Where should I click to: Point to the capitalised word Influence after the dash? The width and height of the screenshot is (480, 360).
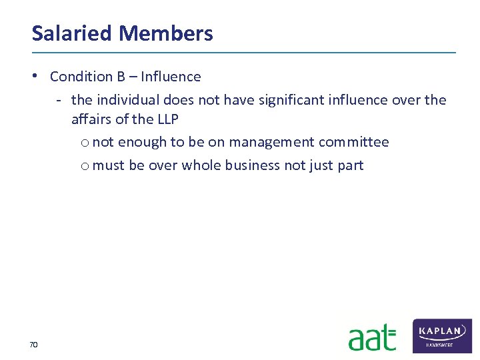[x=171, y=77]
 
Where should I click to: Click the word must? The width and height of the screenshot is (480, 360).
[x=109, y=165]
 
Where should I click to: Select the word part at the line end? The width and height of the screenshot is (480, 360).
[x=351, y=165]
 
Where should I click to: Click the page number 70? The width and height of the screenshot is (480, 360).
[x=33, y=345]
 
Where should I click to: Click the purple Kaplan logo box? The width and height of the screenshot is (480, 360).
[x=442, y=335]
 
